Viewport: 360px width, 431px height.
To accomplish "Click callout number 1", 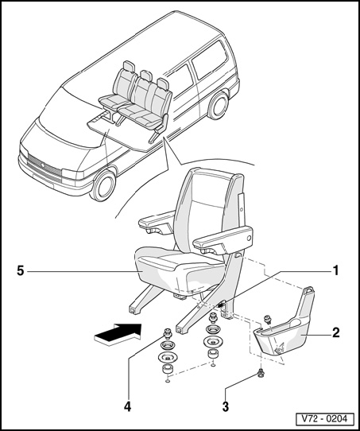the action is click(x=335, y=270).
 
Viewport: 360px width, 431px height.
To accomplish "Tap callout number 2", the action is click(x=336, y=332).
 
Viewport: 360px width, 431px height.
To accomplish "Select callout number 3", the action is click(x=226, y=407).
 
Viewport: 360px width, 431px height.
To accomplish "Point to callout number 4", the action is click(x=127, y=407).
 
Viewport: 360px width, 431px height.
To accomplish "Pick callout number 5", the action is click(x=21, y=271).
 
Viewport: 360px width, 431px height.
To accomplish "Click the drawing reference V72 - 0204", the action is click(x=325, y=419).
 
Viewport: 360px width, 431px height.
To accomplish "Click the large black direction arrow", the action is click(x=118, y=333).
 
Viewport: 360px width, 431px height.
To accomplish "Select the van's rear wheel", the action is click(x=219, y=106).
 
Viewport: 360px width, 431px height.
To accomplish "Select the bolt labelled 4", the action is click(x=167, y=332).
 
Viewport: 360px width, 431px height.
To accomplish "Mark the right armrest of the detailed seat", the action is click(x=223, y=239).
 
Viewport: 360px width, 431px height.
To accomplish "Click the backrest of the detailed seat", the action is click(x=204, y=209).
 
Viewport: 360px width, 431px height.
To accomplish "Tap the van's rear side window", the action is click(x=209, y=59).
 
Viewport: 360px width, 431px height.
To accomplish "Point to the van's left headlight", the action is click(x=72, y=174).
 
